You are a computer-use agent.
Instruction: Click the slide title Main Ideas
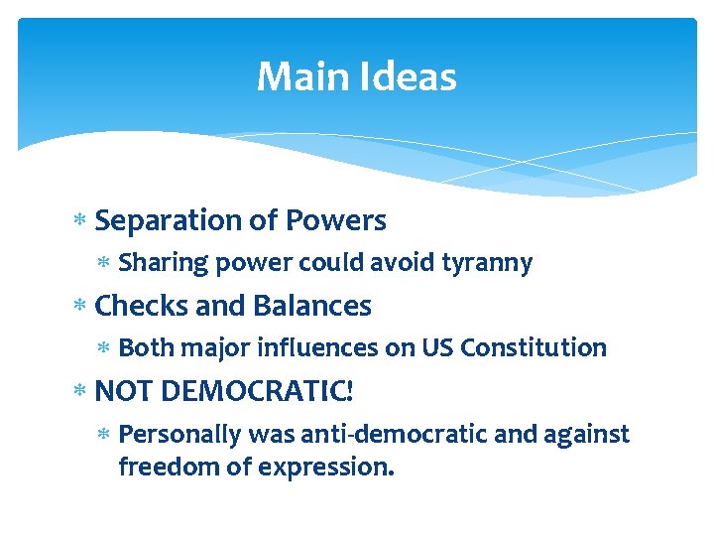tap(356, 76)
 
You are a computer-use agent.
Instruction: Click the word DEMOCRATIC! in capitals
tap(256, 391)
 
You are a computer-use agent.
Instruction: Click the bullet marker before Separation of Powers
tap(81, 220)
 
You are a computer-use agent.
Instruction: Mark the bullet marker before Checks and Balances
tap(81, 306)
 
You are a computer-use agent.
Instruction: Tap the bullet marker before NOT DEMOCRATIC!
tap(81, 391)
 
